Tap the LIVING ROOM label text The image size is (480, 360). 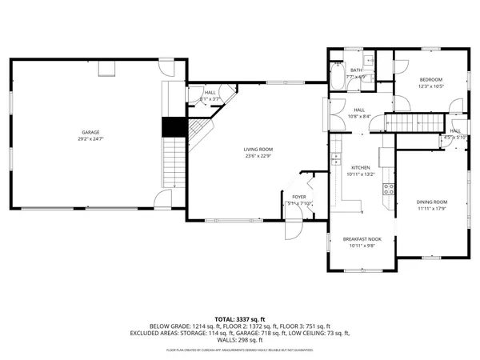pyautogui.click(x=258, y=150)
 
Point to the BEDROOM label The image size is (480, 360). pyautogui.click(x=432, y=80)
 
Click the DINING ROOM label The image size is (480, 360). pyautogui.click(x=431, y=202)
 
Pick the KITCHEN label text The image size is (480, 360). pyautogui.click(x=361, y=167)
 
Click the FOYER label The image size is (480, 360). pyautogui.click(x=298, y=197)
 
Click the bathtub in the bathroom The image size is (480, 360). pyautogui.click(x=337, y=80)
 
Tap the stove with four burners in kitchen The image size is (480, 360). pyautogui.click(x=388, y=189)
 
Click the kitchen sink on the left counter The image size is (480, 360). pyautogui.click(x=337, y=147)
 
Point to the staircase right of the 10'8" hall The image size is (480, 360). pyautogui.click(x=415, y=122)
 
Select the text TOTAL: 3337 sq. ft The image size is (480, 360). pyautogui.click(x=240, y=318)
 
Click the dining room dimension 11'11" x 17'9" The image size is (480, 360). pyautogui.click(x=431, y=209)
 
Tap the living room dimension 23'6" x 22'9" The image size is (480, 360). pyautogui.click(x=258, y=156)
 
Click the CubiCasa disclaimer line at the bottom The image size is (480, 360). pyautogui.click(x=240, y=350)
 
